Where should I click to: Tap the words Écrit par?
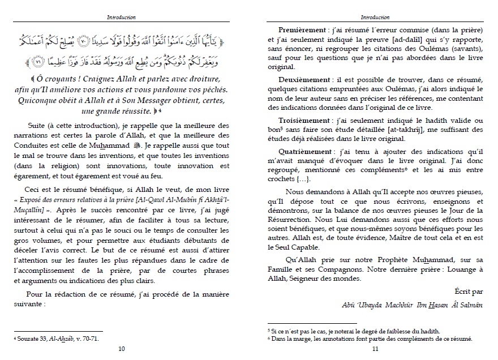tap(469, 290)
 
